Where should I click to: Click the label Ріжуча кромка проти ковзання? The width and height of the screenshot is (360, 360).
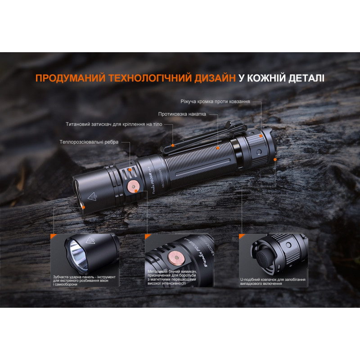[x=215, y=102]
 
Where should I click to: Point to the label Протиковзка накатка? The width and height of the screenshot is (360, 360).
[x=182, y=114]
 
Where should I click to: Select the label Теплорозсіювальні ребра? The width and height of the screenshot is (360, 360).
[x=89, y=142]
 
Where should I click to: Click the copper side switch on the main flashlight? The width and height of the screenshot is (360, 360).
[x=134, y=186]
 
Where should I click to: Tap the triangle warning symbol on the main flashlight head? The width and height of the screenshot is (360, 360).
[x=93, y=197]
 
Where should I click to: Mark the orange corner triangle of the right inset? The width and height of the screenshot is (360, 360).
[x=241, y=236]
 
